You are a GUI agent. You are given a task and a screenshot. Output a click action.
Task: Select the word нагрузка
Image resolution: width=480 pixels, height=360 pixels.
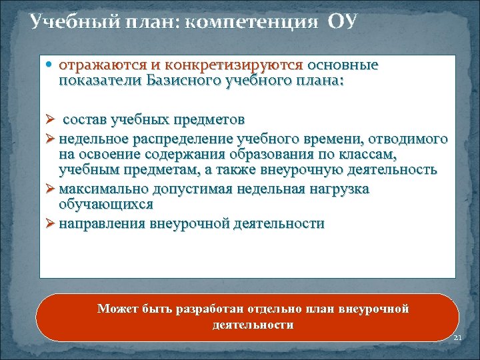coord(342,189)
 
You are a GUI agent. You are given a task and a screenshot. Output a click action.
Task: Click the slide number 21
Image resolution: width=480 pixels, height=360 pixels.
coord(457,339)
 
